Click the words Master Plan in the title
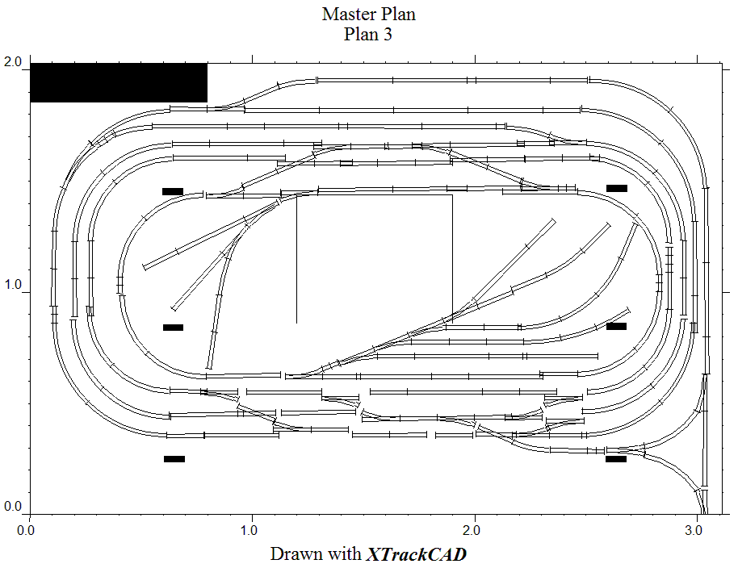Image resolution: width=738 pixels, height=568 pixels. [369, 14]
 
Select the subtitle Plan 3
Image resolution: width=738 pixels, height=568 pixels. [368, 34]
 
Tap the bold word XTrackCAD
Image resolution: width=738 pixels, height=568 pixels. [416, 554]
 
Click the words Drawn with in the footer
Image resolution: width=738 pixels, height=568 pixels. [316, 554]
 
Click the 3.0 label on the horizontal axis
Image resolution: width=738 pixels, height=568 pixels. [694, 531]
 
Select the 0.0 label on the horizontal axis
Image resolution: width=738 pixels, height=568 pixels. [26, 531]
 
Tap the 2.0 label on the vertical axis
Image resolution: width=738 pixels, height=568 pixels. [13, 62]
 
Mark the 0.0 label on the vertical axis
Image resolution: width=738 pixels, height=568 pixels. [13, 507]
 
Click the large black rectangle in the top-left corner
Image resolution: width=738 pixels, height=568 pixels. [119, 82]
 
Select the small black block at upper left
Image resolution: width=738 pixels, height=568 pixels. [173, 191]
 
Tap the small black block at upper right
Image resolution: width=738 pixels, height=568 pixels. [617, 188]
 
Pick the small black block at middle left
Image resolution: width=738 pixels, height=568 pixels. [173, 328]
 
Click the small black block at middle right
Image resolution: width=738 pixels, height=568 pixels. [617, 326]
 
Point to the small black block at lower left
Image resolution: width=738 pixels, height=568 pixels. [174, 459]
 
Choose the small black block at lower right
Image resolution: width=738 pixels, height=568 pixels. [616, 459]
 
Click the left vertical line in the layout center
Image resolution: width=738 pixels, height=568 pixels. [296, 258]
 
